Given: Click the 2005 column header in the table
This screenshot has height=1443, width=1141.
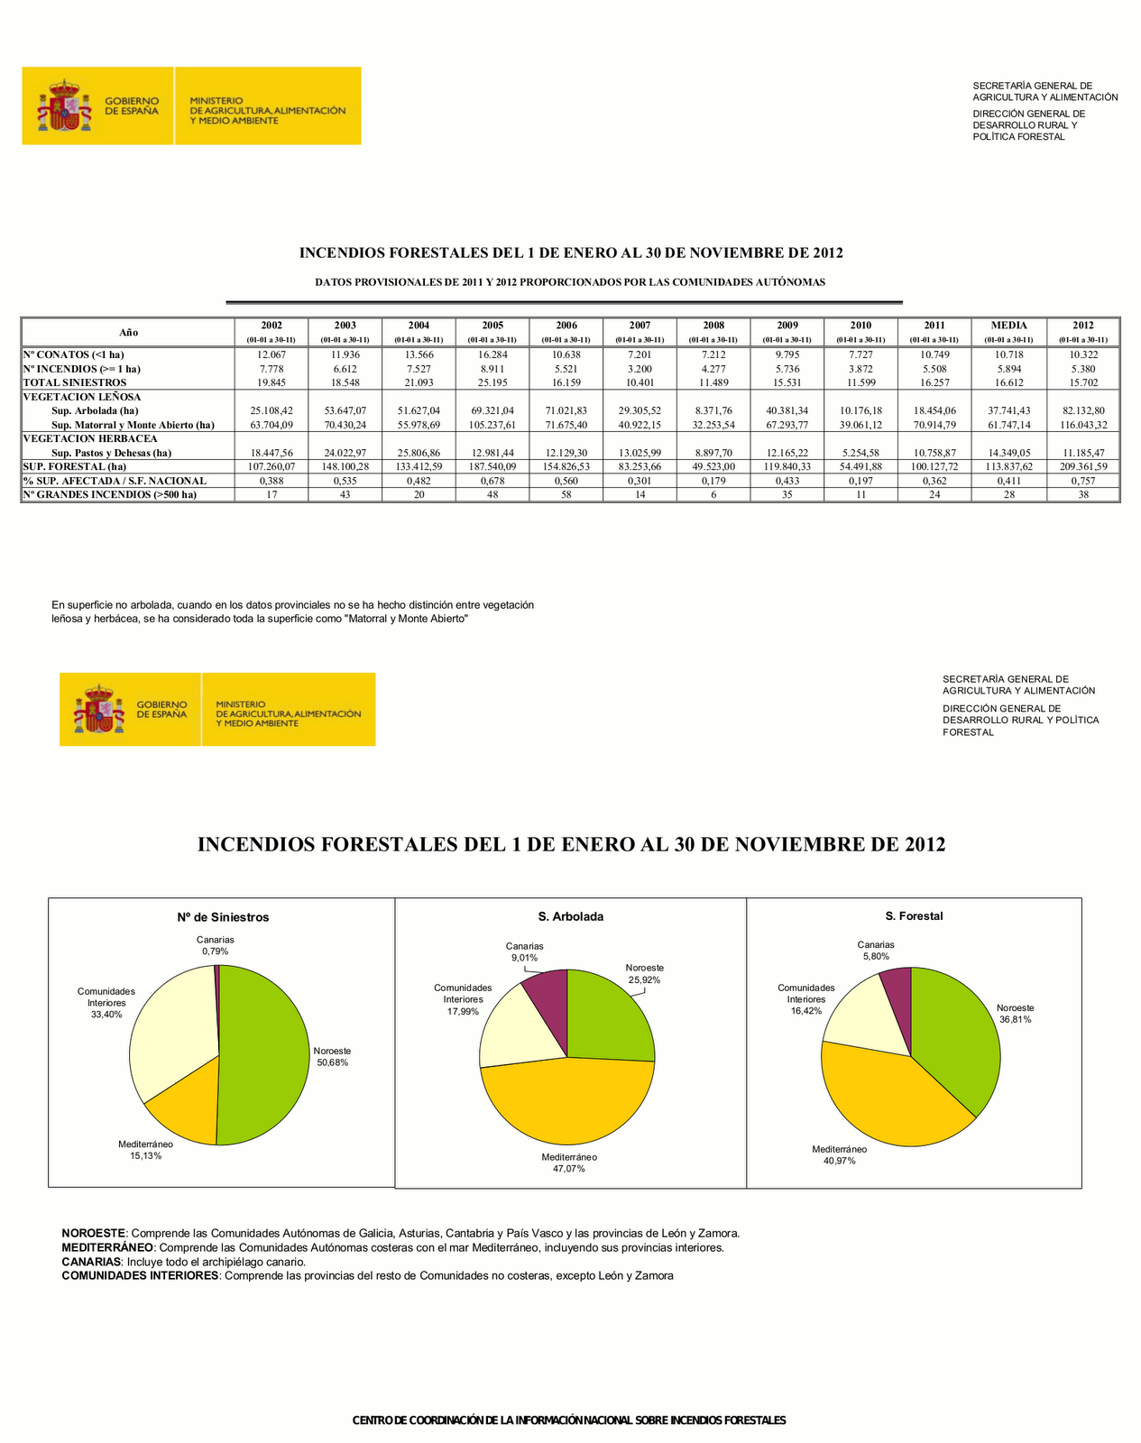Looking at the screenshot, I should (x=492, y=326).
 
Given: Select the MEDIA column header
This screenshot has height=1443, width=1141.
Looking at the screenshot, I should (x=1009, y=326).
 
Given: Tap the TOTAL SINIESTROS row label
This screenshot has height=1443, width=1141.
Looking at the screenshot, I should (x=75, y=382).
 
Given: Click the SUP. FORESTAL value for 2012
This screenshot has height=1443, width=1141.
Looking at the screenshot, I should (x=1083, y=466).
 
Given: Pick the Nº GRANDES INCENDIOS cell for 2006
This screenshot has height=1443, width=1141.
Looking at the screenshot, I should (x=566, y=494).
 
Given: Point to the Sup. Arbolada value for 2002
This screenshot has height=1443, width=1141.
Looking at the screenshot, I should (x=271, y=410).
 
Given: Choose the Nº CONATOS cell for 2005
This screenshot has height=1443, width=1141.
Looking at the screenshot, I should (x=492, y=354).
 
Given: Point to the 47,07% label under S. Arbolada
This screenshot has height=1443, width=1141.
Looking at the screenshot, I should (x=569, y=1169).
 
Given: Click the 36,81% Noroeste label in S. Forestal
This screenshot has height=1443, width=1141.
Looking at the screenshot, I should (x=1016, y=1019).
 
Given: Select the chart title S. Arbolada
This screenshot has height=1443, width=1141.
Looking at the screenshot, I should (x=571, y=916).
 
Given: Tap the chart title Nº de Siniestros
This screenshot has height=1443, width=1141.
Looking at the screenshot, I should (x=223, y=917).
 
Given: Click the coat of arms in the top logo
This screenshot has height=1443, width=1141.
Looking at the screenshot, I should (x=64, y=106).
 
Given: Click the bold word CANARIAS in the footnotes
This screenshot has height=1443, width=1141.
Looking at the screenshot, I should (x=91, y=1262).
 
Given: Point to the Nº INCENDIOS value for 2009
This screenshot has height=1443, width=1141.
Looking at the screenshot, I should (x=787, y=369).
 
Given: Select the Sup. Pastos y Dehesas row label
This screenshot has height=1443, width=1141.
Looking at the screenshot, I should (x=111, y=453).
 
